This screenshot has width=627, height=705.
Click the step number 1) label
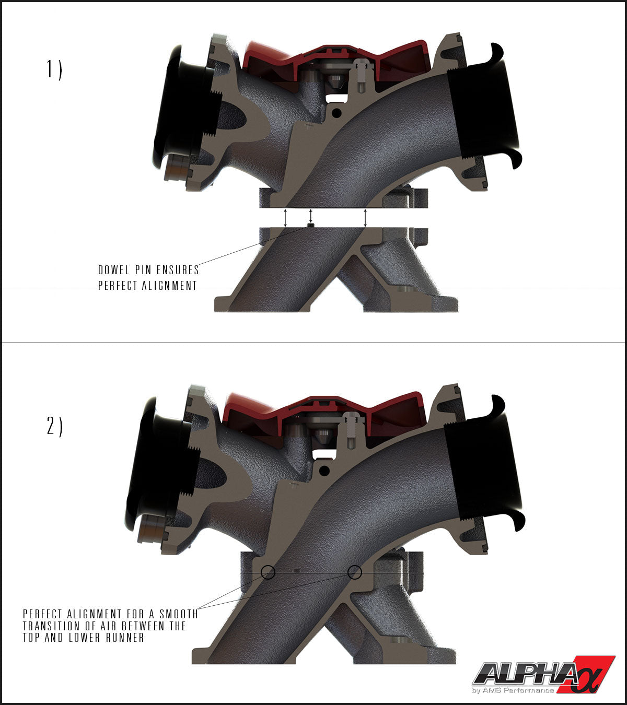[x=54, y=69]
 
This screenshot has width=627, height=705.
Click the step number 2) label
[x=54, y=427]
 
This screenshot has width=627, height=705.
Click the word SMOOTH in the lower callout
[x=179, y=614]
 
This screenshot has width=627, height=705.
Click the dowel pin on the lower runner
[x=311, y=225]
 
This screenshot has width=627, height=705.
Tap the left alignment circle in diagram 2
[x=268, y=573]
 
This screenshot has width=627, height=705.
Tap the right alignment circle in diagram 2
[x=355, y=572]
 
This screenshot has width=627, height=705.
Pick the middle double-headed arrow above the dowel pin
[x=311, y=215]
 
